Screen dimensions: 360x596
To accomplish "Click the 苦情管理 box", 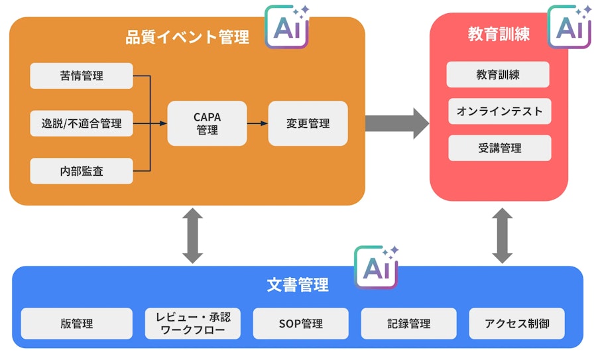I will (x=82, y=76).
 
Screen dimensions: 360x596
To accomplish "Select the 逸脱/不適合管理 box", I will (x=82, y=123).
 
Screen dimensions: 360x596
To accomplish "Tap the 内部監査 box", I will (x=82, y=171).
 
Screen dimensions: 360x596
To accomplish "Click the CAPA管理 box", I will (x=207, y=123).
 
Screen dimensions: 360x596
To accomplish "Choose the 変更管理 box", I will (x=308, y=123).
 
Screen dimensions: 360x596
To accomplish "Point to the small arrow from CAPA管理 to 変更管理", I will (x=257, y=123).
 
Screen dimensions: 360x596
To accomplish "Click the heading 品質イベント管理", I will (x=188, y=37).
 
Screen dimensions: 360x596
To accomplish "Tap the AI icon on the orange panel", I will (x=286, y=27).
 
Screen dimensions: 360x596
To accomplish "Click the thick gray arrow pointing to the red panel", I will (x=397, y=123).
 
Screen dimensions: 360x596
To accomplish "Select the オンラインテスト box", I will (x=499, y=111).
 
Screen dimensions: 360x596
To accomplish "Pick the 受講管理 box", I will (x=499, y=148).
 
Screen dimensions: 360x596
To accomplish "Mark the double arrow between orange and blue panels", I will (x=192, y=235).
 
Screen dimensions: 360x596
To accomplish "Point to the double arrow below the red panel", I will (x=502, y=235).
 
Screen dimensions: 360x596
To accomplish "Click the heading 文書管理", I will (x=298, y=286).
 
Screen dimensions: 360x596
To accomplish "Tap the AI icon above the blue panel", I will (x=376, y=268).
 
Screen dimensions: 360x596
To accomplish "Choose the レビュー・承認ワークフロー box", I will (x=192, y=324).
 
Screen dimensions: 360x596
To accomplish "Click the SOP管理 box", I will (x=300, y=324).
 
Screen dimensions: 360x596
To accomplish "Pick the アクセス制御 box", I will (x=516, y=324).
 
